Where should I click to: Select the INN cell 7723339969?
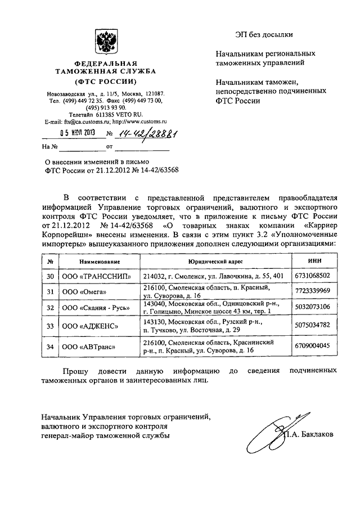(315, 290)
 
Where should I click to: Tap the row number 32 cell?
(51, 307)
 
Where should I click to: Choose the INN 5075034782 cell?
(315, 325)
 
